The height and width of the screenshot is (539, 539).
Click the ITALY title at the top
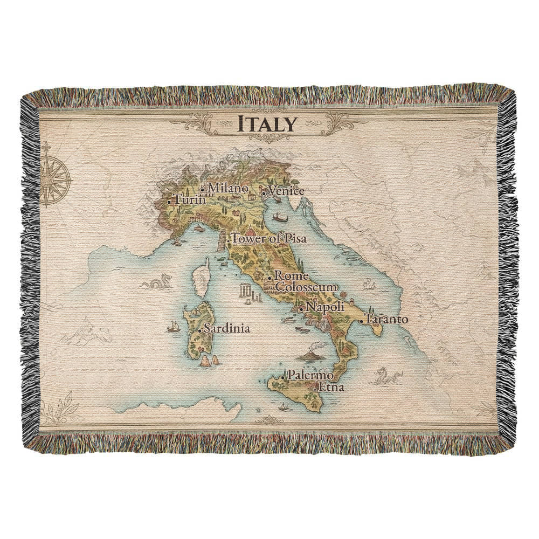(268, 124)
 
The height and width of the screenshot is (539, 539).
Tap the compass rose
(56, 176)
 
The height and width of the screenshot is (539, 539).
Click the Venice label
(286, 191)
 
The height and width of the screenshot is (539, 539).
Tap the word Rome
(288, 276)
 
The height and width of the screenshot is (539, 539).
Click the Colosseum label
(306, 287)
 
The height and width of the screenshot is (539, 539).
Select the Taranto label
(386, 319)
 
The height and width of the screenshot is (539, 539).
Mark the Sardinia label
(227, 328)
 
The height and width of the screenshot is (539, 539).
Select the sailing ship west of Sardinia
(174, 326)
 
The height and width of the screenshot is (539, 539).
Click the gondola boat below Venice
(280, 218)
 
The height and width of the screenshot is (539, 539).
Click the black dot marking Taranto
(362, 321)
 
